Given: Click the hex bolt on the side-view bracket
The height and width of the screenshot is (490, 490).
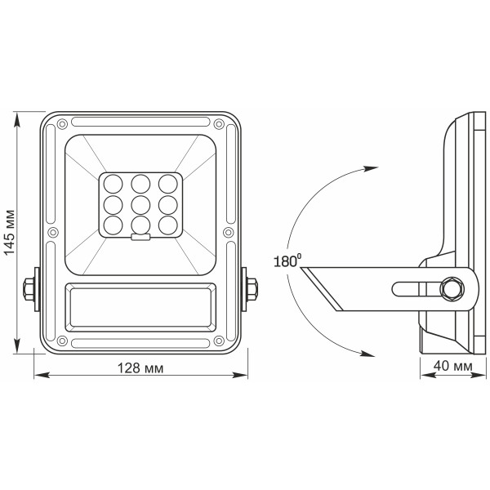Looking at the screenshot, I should tap(450, 290).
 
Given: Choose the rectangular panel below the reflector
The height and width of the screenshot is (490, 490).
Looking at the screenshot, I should tap(140, 306).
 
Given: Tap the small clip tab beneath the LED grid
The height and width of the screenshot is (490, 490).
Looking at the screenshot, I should tap(140, 238).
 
